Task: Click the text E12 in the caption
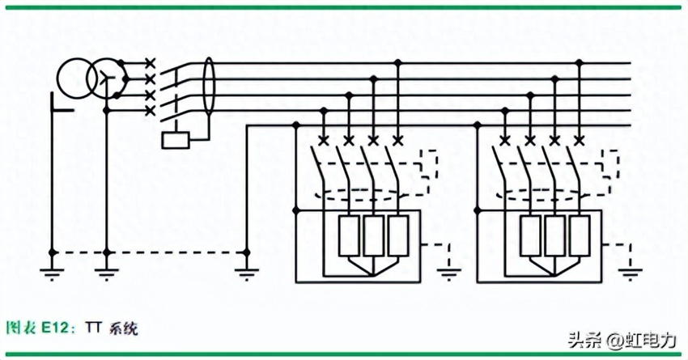(x=56, y=328)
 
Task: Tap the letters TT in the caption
(x=93, y=328)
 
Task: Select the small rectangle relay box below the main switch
(x=176, y=140)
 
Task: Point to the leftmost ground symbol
(x=53, y=273)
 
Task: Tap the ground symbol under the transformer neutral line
(x=106, y=273)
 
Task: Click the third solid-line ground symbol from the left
(x=247, y=273)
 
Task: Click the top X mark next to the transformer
(x=150, y=63)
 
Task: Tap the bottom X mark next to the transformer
(x=150, y=111)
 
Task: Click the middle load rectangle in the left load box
(x=373, y=235)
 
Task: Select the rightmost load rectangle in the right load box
(x=580, y=235)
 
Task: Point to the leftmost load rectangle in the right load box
(x=531, y=235)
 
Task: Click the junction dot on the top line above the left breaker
(x=398, y=63)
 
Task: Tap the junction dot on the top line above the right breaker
(x=580, y=63)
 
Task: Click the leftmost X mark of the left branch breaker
(x=324, y=141)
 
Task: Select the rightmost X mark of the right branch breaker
(x=580, y=141)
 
